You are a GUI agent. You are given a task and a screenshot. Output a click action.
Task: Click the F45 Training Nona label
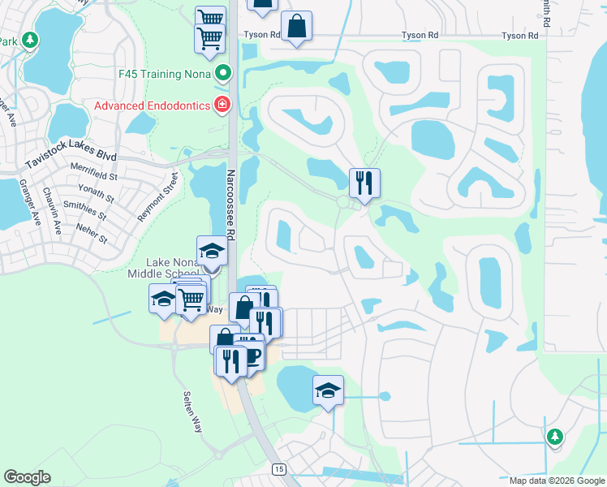pos(161,75)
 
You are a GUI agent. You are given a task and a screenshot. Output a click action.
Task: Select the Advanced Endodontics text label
pos(151,105)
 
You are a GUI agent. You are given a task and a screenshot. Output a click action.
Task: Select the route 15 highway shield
pos(279,470)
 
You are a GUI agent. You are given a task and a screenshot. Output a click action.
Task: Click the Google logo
pos(27,477)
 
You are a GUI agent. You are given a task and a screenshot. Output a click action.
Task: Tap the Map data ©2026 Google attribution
pos(557,481)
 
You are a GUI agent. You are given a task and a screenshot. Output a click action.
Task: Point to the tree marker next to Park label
pos(29,40)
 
